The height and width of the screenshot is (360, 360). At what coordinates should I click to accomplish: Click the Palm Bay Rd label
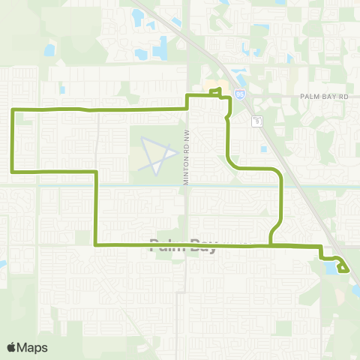tap(325, 97)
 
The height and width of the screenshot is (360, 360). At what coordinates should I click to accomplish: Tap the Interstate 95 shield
tap(239, 94)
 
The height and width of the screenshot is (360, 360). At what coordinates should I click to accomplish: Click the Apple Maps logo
tap(27, 347)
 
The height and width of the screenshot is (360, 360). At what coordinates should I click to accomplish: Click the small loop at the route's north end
tap(217, 92)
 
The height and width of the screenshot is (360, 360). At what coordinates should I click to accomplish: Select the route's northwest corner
tap(13, 110)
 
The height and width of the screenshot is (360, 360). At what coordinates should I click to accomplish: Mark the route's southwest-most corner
tap(95, 244)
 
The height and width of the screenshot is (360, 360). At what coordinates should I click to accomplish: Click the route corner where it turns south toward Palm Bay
tap(95, 172)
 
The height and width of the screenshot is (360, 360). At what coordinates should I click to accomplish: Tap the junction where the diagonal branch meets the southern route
tap(269, 244)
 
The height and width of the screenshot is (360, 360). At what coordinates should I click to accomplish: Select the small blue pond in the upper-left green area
tap(49, 51)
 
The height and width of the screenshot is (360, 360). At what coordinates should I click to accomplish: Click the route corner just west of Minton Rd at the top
tap(187, 97)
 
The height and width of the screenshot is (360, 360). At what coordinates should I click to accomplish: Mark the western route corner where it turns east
tap(13, 172)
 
